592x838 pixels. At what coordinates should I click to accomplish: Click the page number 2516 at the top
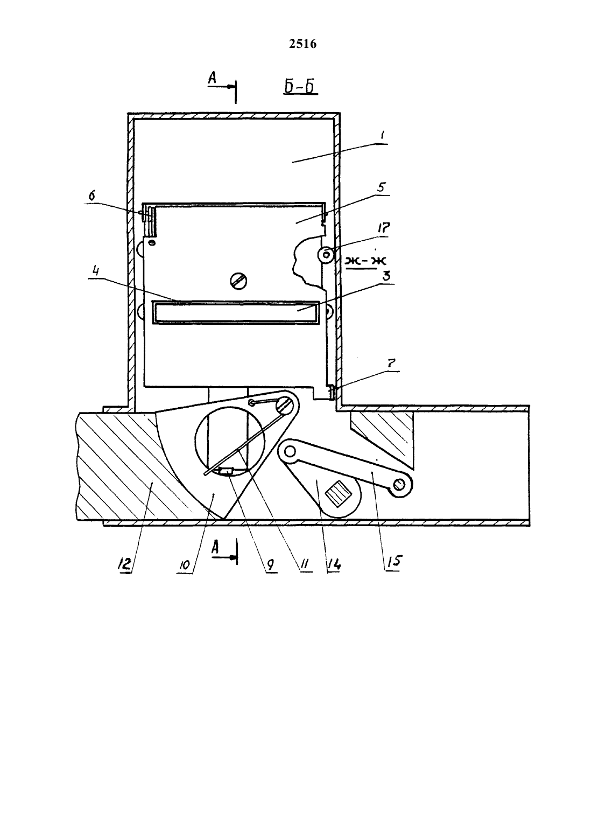302,44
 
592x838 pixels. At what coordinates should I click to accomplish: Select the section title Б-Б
300,87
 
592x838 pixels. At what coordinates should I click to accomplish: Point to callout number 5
381,187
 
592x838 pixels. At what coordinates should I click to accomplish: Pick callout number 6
92,196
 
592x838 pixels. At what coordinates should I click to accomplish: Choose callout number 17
383,227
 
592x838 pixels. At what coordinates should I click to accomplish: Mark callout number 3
386,276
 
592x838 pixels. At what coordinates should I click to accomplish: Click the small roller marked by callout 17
326,255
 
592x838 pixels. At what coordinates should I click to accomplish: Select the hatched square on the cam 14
338,494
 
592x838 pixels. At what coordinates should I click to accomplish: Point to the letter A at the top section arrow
212,78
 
